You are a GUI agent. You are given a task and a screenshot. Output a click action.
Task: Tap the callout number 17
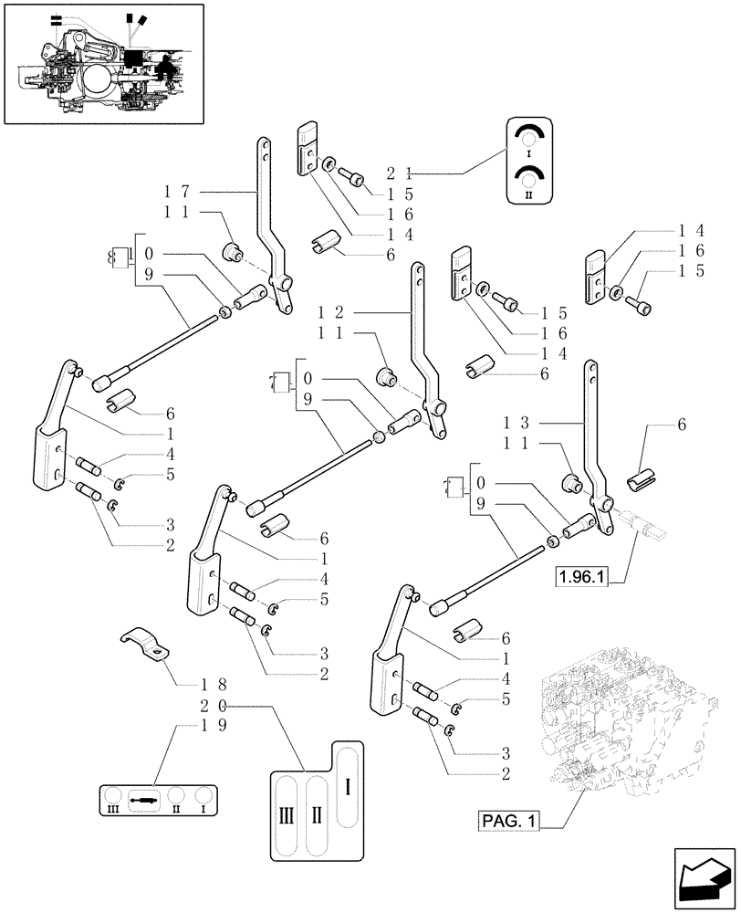click(176, 193)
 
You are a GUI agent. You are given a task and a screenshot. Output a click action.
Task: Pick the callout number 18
click(214, 685)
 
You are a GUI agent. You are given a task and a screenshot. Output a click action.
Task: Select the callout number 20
click(214, 705)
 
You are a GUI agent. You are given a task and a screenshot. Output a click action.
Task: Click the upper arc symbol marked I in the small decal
click(528, 137)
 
